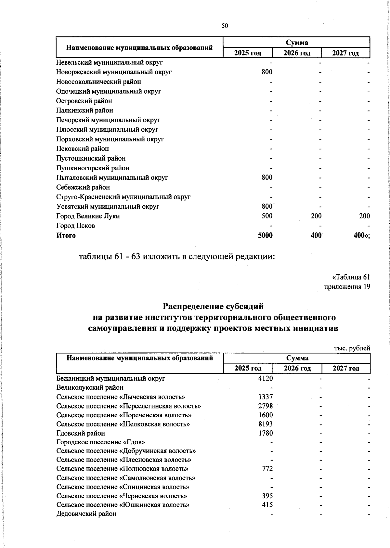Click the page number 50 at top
225,26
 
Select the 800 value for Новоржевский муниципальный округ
267,72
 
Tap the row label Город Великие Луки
88,216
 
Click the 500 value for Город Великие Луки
267,216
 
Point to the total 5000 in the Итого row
265,235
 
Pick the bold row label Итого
66,235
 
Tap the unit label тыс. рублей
352,348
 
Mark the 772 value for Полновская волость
267,469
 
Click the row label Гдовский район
81,433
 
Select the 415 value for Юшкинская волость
267,505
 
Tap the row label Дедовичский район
86,514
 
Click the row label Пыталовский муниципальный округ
112,177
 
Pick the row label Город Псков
76,226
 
